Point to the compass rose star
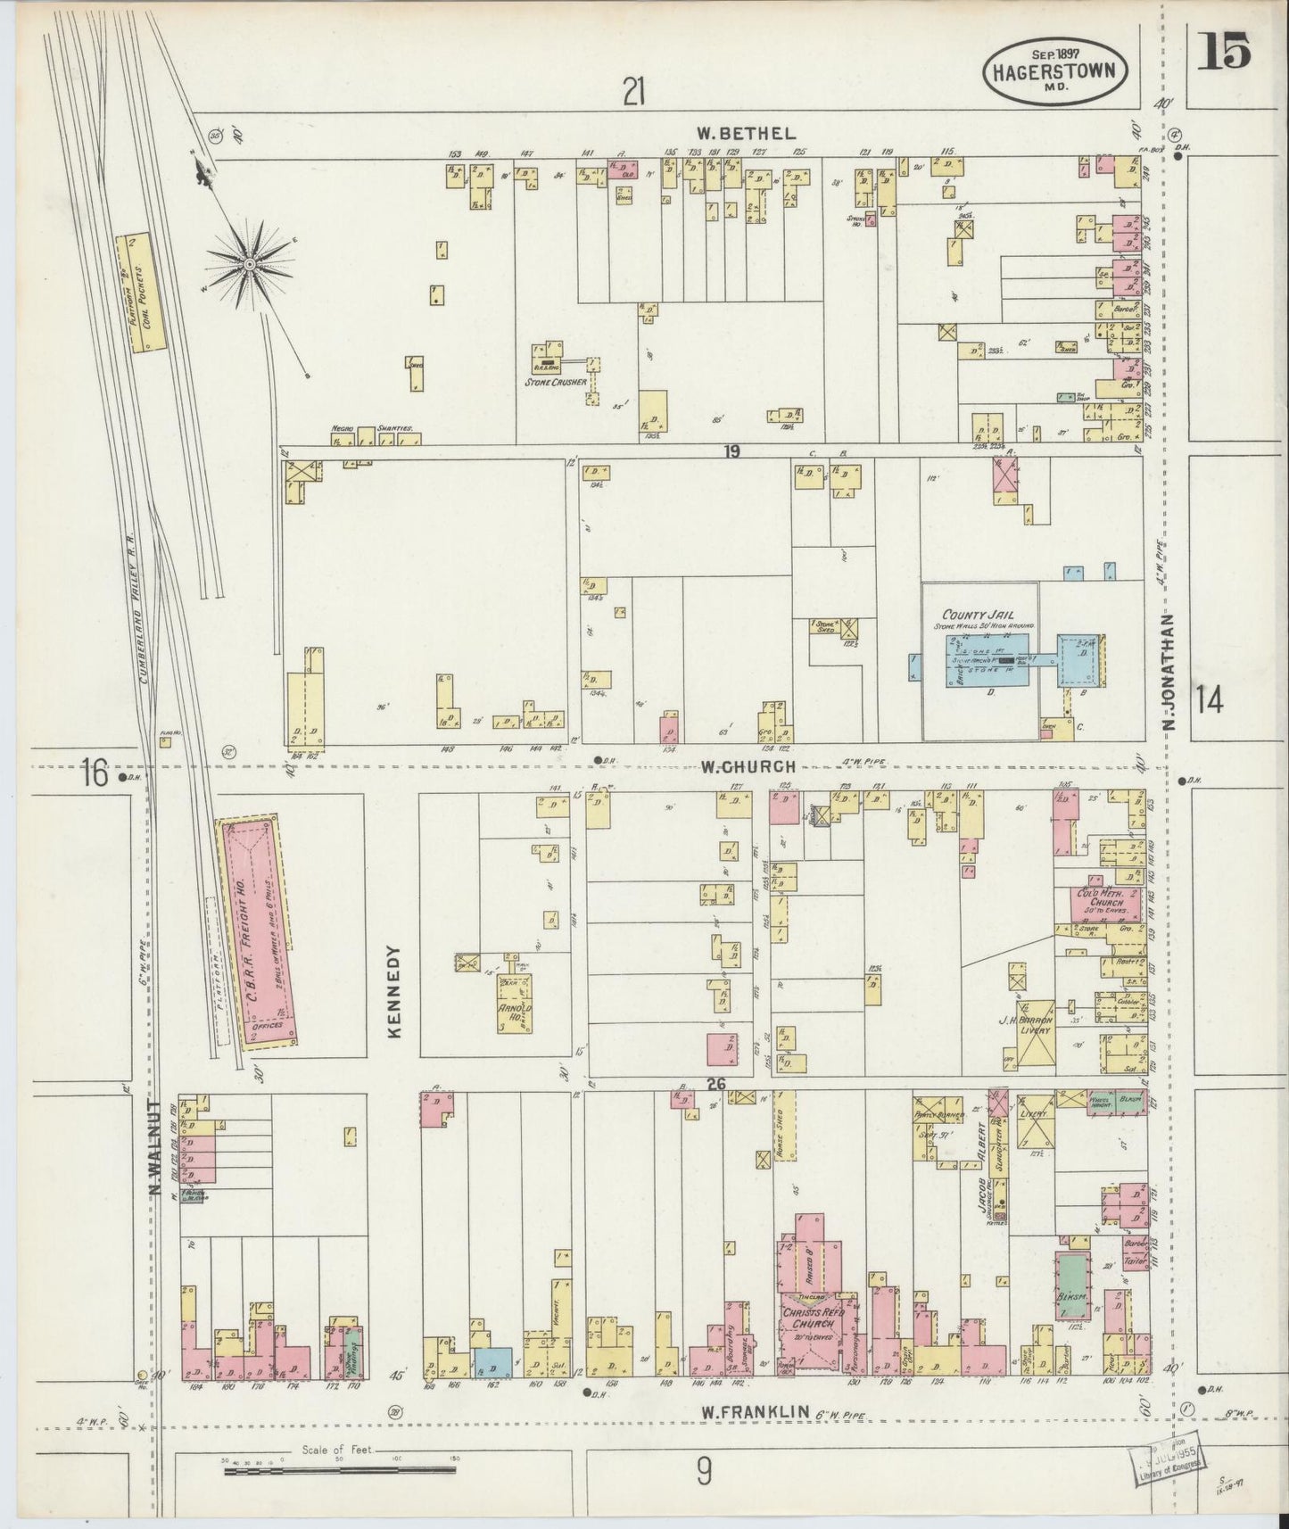point(252,263)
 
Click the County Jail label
point(979,615)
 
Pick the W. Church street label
point(747,766)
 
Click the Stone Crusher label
point(555,383)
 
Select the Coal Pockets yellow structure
point(138,293)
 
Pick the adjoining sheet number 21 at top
point(633,91)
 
